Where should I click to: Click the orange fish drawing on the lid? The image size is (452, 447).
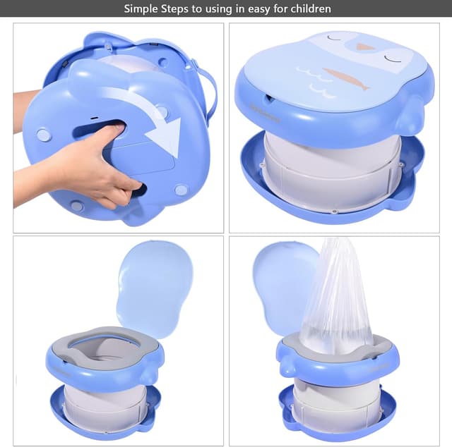coord(346,78)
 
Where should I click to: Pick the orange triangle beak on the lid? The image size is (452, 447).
coord(365,47)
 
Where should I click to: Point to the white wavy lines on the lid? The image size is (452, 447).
coord(314,81)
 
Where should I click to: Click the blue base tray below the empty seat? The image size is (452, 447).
coord(106,423)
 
